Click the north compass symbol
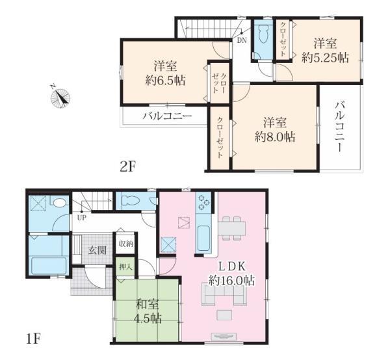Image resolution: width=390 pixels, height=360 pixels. click(60, 97)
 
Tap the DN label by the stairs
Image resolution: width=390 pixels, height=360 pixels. click(242, 40)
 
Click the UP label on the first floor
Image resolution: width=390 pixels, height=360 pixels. click(82, 218)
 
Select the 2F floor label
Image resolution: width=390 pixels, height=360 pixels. click(127, 166)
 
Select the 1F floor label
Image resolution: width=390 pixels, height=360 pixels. click(33, 339)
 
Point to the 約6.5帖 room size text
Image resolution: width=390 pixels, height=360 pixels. click(165, 80)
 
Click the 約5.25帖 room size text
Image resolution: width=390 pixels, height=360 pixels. click(325, 58)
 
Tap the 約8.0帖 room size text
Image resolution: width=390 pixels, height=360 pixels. click(275, 136)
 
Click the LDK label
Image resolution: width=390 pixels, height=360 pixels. click(232, 266)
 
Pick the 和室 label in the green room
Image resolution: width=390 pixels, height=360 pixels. click(148, 304)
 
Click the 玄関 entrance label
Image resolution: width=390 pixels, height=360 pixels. click(97, 250)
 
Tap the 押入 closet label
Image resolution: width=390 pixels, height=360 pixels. click(126, 267)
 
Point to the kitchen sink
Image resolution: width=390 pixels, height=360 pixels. click(203, 238)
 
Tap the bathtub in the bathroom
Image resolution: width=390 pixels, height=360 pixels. click(49, 265)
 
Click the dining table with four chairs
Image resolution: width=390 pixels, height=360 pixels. click(231, 228)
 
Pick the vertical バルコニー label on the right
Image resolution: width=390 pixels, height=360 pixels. click(339, 127)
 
